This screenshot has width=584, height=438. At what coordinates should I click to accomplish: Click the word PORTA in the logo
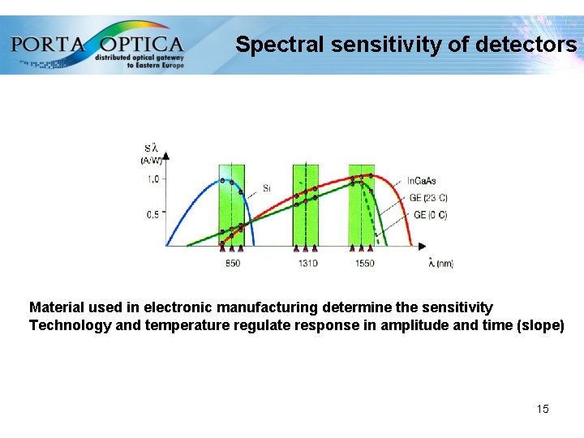(48, 43)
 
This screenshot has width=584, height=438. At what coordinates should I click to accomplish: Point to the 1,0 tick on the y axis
(152, 179)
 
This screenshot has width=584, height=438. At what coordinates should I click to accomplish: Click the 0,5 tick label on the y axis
(152, 214)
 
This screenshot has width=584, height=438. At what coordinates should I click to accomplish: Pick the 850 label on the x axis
(232, 264)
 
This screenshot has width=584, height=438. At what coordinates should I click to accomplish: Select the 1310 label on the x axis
(307, 264)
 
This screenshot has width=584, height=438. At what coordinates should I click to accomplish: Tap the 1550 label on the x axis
(364, 264)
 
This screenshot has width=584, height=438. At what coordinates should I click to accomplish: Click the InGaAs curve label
(421, 181)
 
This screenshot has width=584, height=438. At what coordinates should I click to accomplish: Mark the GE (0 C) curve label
(430, 215)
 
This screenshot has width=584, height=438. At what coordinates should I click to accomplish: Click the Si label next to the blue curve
(267, 188)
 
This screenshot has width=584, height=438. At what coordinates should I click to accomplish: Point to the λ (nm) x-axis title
(440, 263)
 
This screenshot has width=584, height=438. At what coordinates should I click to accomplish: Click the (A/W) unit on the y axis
(152, 161)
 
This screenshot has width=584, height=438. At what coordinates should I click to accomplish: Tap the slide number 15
(543, 409)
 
